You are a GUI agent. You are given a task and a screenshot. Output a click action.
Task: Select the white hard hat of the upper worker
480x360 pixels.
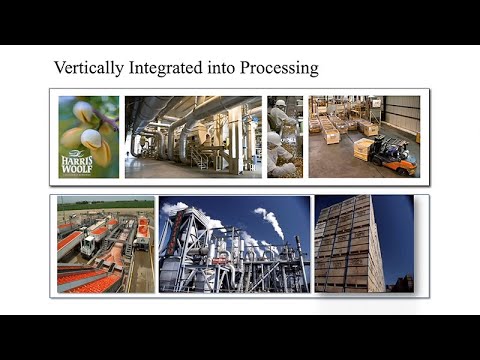click(x=282, y=103)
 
